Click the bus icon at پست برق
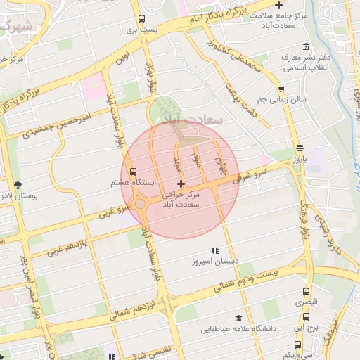point(142,19)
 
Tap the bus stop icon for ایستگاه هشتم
point(134,171)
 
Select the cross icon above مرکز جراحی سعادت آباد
point(181,184)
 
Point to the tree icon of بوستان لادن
point(18,186)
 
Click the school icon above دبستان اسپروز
point(216,250)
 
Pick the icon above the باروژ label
point(300,148)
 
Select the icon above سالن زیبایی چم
point(281,89)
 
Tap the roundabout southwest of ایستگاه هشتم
point(141,204)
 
